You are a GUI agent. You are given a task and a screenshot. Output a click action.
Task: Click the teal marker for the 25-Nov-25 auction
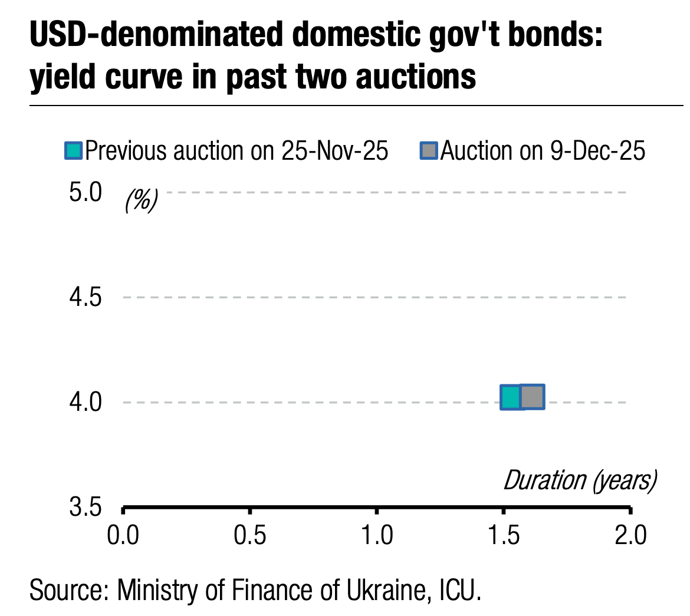click(511, 397)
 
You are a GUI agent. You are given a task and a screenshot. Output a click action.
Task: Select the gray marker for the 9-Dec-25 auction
click(532, 397)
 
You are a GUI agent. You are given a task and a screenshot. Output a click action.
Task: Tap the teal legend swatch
click(73, 151)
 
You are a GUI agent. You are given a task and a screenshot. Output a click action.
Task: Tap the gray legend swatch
click(429, 151)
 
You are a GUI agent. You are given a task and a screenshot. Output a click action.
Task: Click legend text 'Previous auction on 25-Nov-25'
click(236, 151)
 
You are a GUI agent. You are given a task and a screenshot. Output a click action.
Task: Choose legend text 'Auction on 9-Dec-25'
click(543, 151)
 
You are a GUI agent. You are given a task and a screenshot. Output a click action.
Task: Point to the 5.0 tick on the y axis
click(86, 193)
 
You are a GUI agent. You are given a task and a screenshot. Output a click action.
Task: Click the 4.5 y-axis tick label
click(86, 297)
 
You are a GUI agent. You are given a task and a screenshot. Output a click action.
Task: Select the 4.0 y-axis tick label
click(86, 403)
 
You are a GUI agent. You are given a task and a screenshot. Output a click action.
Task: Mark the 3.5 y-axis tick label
click(86, 508)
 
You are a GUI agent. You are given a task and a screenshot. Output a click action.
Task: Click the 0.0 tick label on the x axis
click(123, 536)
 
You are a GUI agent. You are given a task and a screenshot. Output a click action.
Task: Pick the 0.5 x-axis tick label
click(250, 536)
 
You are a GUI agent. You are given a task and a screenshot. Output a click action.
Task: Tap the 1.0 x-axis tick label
click(377, 536)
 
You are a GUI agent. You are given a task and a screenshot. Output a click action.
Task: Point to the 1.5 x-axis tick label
click(504, 536)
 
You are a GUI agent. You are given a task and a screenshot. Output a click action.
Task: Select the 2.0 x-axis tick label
click(630, 536)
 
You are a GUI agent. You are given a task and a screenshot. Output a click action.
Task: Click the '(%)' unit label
click(141, 202)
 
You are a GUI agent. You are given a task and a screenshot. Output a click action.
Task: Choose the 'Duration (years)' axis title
click(580, 480)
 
